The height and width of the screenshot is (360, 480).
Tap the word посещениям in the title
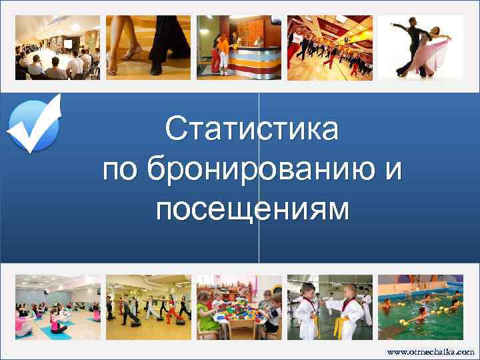tap(253, 211)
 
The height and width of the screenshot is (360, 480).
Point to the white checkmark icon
tap(34, 123)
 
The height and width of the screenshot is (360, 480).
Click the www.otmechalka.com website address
tap(430, 351)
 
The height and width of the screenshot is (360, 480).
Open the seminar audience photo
tap(58, 47)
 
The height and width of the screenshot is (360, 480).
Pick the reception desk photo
tap(239, 47)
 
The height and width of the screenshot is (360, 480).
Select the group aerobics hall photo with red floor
tap(329, 47)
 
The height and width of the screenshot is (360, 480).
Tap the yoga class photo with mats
tap(58, 308)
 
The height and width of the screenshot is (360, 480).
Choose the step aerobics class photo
tap(149, 308)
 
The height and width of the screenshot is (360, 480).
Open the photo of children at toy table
tap(239, 308)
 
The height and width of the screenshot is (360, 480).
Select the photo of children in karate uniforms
tap(329, 308)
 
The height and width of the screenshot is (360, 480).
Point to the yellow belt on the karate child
tap(339, 327)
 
